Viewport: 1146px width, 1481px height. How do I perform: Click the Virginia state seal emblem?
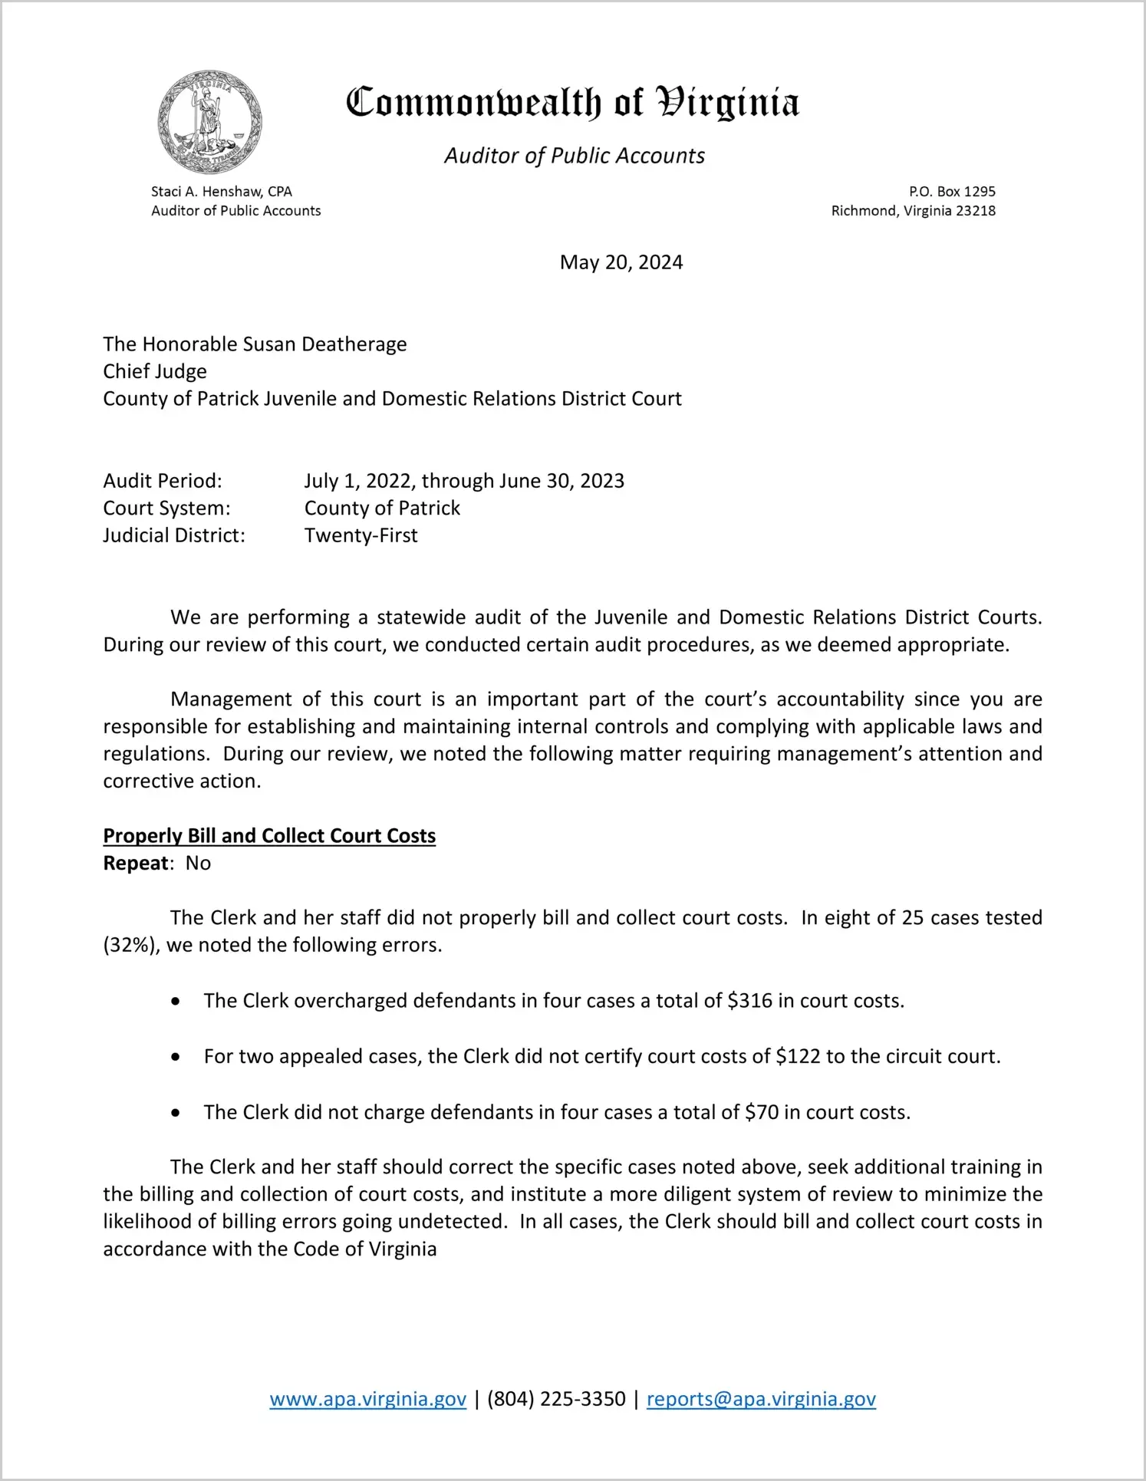(x=209, y=122)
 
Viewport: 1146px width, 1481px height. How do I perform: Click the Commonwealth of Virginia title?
(x=572, y=102)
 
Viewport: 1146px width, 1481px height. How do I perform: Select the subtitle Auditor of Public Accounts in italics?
(x=574, y=156)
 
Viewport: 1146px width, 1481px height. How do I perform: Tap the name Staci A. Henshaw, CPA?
(x=221, y=192)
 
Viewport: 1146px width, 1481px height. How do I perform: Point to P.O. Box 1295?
(x=952, y=192)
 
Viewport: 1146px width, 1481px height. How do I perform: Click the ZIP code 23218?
(x=974, y=211)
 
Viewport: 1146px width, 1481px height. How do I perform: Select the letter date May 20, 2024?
(x=621, y=262)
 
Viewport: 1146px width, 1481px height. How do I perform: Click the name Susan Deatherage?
(x=324, y=344)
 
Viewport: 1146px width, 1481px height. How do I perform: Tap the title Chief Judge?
(x=155, y=372)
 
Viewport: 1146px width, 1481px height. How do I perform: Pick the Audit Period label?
(x=163, y=481)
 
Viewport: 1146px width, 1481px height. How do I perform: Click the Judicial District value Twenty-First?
(x=361, y=535)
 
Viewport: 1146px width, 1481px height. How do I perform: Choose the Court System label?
(x=166, y=508)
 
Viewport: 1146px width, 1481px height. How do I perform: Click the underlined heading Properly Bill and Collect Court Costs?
(x=269, y=836)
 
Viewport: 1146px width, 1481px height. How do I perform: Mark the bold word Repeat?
(x=136, y=864)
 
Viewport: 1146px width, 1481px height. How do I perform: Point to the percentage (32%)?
(x=131, y=945)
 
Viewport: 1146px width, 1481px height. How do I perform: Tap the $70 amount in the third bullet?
(x=761, y=1113)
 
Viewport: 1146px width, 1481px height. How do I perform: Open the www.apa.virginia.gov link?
(x=367, y=1399)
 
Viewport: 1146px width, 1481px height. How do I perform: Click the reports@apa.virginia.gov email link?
(x=761, y=1399)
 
